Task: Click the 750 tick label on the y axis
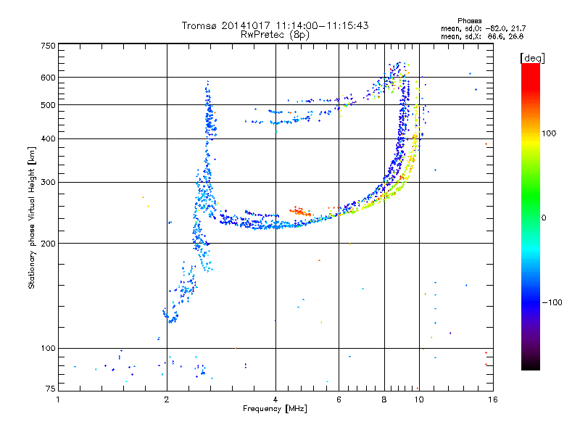[47, 46]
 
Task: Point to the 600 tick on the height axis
[47, 78]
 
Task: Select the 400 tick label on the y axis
[47, 138]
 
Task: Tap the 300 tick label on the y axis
[47, 182]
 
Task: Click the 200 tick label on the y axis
[47, 243]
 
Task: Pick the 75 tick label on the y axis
[49, 390]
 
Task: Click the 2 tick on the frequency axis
[167, 399]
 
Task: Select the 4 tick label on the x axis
[275, 399]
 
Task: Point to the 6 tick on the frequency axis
[339, 399]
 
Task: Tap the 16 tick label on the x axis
[492, 399]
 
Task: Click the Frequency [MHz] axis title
[275, 409]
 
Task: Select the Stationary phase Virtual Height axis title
[32, 217]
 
